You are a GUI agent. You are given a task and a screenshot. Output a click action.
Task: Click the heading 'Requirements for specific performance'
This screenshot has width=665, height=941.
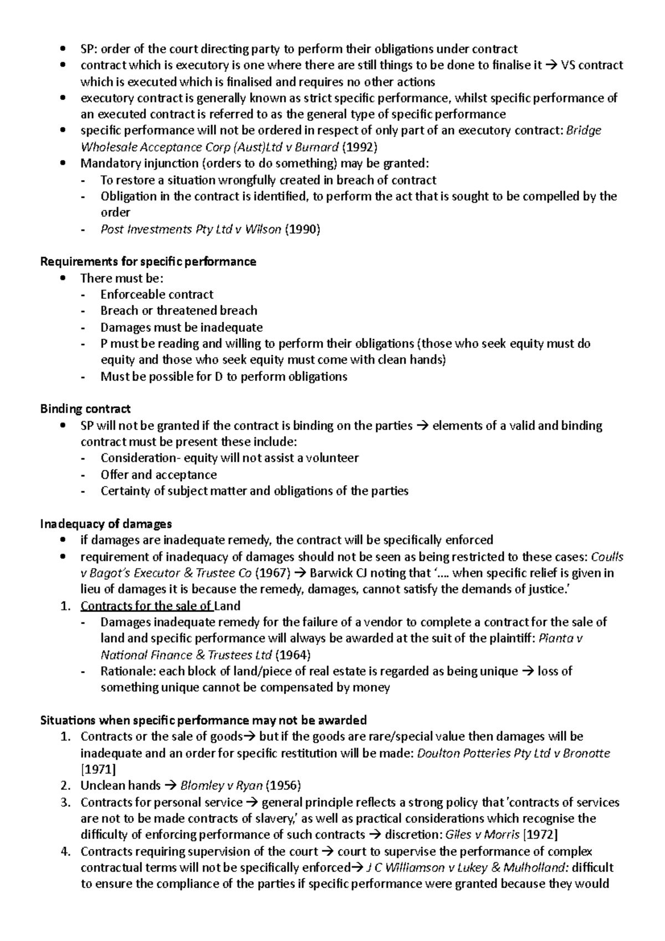(148, 262)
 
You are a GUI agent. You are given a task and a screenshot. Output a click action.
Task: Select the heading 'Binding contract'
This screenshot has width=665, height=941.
(85, 409)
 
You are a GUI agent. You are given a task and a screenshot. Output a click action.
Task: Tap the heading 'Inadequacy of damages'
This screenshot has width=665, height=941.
(106, 524)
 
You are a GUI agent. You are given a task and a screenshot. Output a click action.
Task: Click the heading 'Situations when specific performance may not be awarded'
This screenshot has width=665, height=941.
(203, 720)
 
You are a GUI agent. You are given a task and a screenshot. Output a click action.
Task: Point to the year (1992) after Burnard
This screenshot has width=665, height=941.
(360, 147)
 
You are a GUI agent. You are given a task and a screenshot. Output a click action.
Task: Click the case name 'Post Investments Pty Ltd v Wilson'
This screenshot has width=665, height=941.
(191, 229)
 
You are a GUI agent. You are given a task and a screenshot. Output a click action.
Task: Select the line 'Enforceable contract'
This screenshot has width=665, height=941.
(157, 294)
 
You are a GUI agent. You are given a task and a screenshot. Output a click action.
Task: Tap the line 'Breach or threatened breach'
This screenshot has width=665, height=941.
(178, 310)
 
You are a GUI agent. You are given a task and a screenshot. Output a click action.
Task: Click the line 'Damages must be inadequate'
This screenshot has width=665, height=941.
(181, 327)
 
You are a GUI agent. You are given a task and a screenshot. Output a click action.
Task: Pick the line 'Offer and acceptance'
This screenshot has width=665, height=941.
(158, 475)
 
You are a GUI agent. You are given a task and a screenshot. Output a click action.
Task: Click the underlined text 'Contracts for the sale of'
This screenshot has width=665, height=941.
(146, 606)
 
